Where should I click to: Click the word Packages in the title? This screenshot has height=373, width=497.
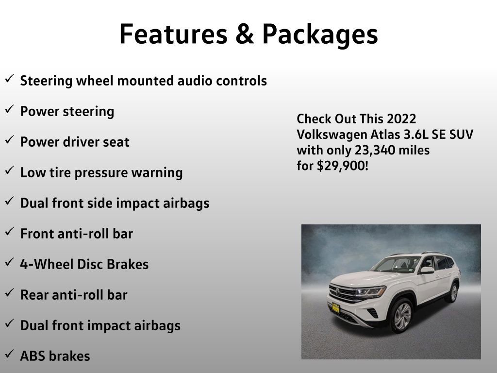[320, 34]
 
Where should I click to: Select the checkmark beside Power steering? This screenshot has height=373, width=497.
[9, 110]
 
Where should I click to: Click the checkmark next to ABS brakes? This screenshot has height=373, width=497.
[9, 355]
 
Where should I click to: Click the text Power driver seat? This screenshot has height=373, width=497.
[75, 142]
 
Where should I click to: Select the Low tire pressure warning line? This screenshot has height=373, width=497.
[101, 172]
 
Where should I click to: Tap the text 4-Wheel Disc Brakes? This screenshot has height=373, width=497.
[84, 264]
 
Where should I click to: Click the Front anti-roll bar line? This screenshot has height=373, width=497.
[77, 234]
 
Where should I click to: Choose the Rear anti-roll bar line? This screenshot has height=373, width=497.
[74, 295]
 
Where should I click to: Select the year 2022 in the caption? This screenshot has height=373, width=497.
[402, 119]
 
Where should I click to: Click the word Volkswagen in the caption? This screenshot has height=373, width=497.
[326, 135]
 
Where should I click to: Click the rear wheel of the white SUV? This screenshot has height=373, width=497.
[453, 292]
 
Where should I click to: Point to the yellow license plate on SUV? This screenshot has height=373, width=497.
[335, 308]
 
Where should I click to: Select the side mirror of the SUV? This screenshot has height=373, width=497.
[427, 270]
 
